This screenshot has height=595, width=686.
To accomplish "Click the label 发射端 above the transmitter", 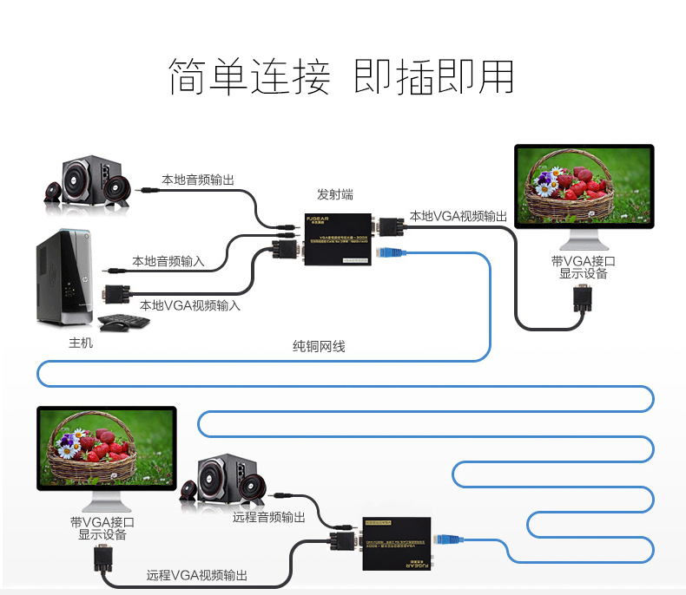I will pos(335,194).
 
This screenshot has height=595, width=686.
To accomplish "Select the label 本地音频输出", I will pos(198,180).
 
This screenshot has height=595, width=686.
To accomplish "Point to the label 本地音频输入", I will pos(168,260).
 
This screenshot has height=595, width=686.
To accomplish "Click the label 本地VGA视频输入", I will pos(190,305).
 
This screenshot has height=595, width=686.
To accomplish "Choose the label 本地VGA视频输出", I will pos(458,216).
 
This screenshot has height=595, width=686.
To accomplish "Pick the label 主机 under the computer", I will pos(81,343).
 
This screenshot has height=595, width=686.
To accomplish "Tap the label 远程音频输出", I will pos(269,517).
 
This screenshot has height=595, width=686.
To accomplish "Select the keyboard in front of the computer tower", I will pos(125,323).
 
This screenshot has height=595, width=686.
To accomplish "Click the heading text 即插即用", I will pos(434,77).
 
